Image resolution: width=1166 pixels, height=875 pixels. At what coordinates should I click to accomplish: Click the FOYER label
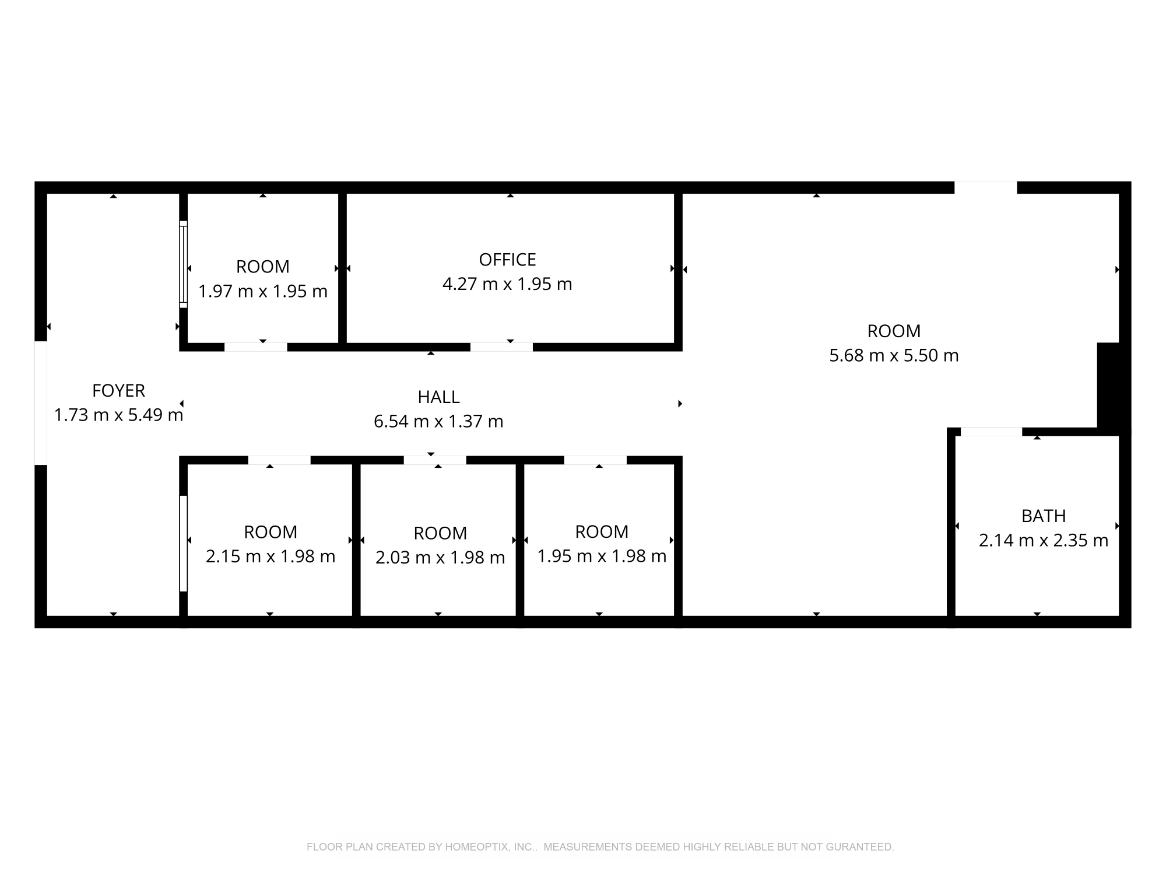[119, 390]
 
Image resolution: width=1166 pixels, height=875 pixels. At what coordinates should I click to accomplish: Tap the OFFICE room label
[507, 260]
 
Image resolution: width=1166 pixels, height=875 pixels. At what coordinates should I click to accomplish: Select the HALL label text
[438, 397]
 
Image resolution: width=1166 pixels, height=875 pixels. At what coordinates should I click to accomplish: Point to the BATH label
[1044, 516]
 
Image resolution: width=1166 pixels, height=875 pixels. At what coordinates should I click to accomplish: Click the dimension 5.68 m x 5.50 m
[894, 355]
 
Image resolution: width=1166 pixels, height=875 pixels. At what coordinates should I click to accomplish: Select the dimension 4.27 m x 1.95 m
[507, 284]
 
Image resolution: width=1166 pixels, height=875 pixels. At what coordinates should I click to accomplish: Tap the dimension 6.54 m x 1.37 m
[438, 421]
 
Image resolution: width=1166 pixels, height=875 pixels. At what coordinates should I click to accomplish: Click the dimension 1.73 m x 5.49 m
[119, 415]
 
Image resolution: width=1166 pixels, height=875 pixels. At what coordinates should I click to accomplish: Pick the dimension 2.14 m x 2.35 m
[1044, 540]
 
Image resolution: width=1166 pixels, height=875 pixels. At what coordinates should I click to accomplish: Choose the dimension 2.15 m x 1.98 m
[271, 556]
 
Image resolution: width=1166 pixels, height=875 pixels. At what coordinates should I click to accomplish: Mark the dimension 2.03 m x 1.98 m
[440, 558]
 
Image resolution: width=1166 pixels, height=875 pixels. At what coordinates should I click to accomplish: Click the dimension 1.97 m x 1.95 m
[263, 291]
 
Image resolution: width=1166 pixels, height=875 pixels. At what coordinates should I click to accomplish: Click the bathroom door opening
[991, 432]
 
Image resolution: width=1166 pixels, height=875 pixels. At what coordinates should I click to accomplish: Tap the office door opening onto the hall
[501, 347]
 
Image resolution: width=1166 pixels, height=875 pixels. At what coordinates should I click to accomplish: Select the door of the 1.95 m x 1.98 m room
[595, 460]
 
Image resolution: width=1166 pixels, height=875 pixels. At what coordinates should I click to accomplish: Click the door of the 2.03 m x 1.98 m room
[435, 460]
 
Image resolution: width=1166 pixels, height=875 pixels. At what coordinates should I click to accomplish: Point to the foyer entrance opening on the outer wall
[41, 403]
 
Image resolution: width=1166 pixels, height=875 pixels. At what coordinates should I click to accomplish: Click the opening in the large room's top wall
[986, 188]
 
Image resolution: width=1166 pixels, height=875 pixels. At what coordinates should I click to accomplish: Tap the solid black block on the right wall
[1114, 386]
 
